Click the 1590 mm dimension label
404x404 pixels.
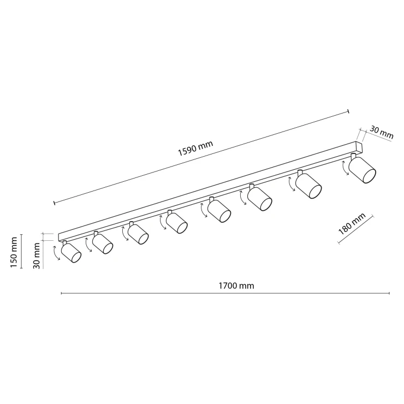click(195, 148)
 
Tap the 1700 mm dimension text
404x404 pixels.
click(236, 286)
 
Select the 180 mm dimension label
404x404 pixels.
click(352, 224)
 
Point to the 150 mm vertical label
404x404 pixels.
click(14, 252)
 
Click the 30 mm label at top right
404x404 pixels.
click(382, 133)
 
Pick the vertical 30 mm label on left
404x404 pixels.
click(37, 256)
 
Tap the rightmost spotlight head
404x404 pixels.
click(363, 170)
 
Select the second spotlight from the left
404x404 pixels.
click(103, 244)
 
